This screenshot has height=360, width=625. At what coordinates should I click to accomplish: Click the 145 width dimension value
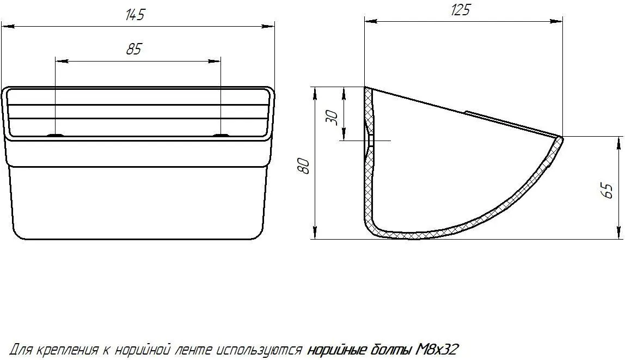coord(134,15)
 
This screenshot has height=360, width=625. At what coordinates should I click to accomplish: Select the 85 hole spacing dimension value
coord(134,50)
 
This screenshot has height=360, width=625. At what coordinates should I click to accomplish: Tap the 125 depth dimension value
coord(461,10)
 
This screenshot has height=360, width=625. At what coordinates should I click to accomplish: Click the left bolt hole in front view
coord(56,136)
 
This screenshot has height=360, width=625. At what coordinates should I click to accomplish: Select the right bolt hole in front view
coord(220,136)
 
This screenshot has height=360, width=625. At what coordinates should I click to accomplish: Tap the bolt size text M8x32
coord(437,350)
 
